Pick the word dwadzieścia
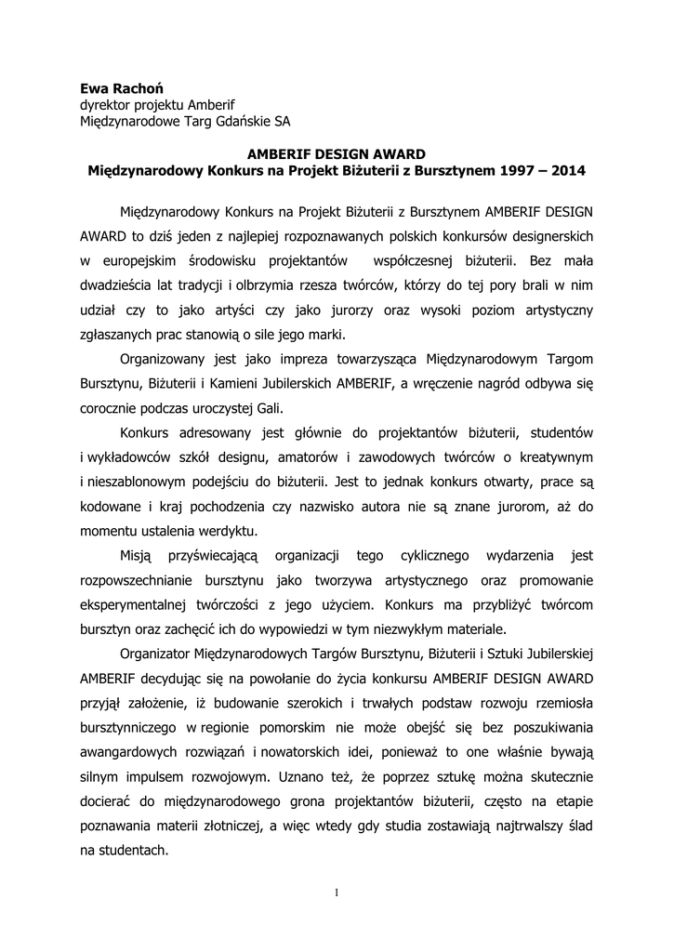(124, 286)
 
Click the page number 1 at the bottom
(337, 893)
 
